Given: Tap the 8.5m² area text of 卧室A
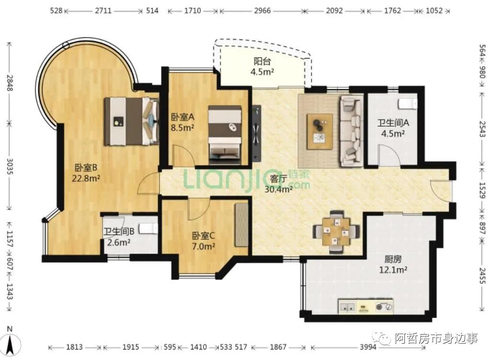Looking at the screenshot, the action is pos(183,128).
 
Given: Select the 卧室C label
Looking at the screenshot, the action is pos(204,235).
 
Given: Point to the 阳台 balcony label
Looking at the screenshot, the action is pos(262,61).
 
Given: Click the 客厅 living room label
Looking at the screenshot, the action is pos(279,179).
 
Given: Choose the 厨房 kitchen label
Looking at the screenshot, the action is pos(393,259).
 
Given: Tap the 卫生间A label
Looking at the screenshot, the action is pos(393,123).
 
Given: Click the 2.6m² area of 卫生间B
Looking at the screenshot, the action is pos(119,243).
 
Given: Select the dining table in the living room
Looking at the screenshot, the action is pos(336,232).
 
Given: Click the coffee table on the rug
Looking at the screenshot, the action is pos(320,131).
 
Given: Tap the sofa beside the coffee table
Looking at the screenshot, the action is pos(351,131).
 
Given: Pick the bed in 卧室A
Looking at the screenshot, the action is pos(226,135).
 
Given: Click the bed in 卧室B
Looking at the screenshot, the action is pos(132,121).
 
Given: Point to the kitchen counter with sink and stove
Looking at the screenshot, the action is pos(366,306).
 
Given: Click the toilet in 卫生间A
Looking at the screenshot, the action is pos(407,104).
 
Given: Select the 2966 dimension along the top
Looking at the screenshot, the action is pos(262,11).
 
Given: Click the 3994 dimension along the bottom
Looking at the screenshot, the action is pos(368,347).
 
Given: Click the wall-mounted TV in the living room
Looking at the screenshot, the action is pos(257,133).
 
